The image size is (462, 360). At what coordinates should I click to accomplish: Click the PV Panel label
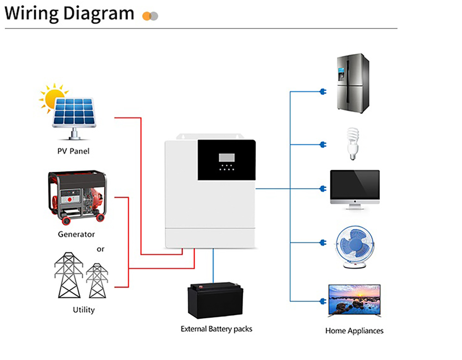[x=74, y=151]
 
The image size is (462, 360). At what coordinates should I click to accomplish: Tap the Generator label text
[x=76, y=234]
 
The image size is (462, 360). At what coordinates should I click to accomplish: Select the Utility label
[x=84, y=310]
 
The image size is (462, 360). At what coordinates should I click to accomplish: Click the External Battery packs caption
[x=216, y=329]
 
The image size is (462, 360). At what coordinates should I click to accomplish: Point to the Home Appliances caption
[x=355, y=331]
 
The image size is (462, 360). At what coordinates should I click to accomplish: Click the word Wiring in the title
[x=31, y=13]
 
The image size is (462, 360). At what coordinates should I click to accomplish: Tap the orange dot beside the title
[x=147, y=16]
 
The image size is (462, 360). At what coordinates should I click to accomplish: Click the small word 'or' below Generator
[x=100, y=249]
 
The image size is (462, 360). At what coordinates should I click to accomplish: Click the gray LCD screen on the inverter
[x=227, y=157]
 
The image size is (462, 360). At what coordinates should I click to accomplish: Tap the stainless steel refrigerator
[x=353, y=83]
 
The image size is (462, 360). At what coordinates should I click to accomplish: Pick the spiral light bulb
[x=353, y=144]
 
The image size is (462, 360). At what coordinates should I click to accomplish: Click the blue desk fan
[x=355, y=247]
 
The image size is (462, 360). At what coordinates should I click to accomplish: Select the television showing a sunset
[x=355, y=300]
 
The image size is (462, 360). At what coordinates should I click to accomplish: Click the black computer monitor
[x=355, y=190]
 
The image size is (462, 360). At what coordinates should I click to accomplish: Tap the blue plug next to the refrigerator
[x=323, y=92]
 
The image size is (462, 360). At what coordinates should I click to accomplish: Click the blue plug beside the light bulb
[x=323, y=145]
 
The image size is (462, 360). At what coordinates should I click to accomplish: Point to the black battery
[x=215, y=300]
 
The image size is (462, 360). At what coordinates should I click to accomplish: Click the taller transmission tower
[x=69, y=275]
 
